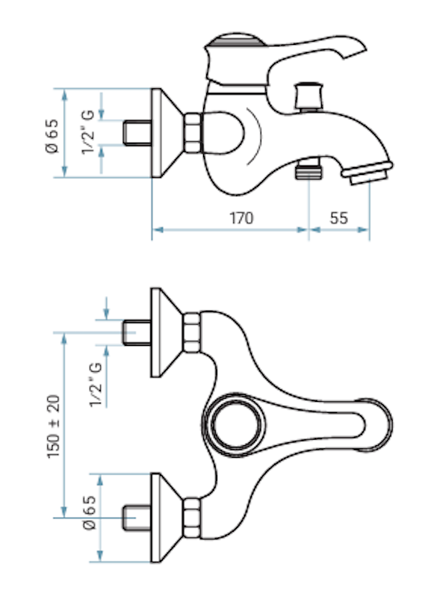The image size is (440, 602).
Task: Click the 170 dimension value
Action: click(242, 218)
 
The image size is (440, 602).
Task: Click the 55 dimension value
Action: click(338, 218)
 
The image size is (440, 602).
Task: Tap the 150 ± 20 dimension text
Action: click(54, 426)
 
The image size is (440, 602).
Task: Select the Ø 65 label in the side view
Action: click(52, 136)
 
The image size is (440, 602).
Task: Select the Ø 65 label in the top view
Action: click(89, 513)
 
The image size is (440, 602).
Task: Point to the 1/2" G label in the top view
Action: click(96, 384)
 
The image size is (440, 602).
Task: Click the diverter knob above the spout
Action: click(308, 95)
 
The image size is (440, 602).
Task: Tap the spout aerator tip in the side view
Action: click(367, 173)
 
